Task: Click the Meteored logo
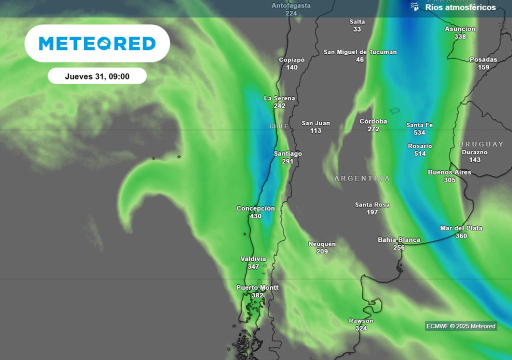97,43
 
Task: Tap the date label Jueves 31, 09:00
97,76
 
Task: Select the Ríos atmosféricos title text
460,7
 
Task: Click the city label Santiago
288,153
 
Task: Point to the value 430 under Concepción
255,216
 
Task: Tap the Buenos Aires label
449,172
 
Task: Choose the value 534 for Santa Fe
419,132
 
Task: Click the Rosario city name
420,146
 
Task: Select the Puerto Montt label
257,287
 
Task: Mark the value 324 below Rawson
361,328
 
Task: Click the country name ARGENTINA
362,178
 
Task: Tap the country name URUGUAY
481,144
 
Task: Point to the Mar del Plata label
461,228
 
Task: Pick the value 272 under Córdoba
373,129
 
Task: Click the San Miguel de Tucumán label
360,52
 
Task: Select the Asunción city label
460,29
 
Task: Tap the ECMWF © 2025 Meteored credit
460,326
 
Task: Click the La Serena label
279,98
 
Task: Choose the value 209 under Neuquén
322,251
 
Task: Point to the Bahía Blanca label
399,240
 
